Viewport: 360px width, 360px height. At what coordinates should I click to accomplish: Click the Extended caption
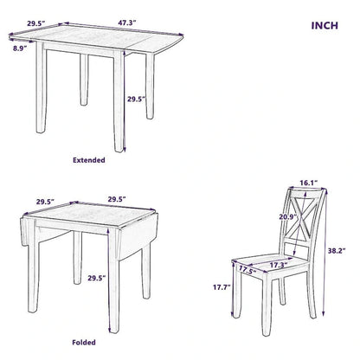click(x=88, y=160)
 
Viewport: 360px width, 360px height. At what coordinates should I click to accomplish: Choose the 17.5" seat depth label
click(x=248, y=269)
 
